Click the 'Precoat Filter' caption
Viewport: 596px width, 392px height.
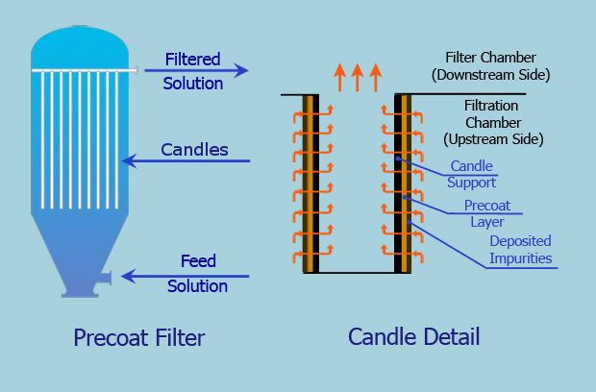point(139,337)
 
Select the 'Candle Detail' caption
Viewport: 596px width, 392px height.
point(413,337)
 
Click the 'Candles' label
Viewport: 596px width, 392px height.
point(194,150)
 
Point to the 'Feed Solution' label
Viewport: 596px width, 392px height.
point(197,274)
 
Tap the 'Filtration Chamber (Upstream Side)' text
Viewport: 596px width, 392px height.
point(493,122)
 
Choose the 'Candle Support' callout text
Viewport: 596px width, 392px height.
point(473,174)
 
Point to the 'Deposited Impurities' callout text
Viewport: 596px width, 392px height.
point(520,250)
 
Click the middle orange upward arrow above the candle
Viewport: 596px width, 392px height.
point(357,76)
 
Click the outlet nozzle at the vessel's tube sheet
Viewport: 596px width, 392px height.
point(137,69)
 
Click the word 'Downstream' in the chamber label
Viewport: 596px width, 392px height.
point(473,74)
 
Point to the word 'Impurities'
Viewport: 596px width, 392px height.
point(520,258)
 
